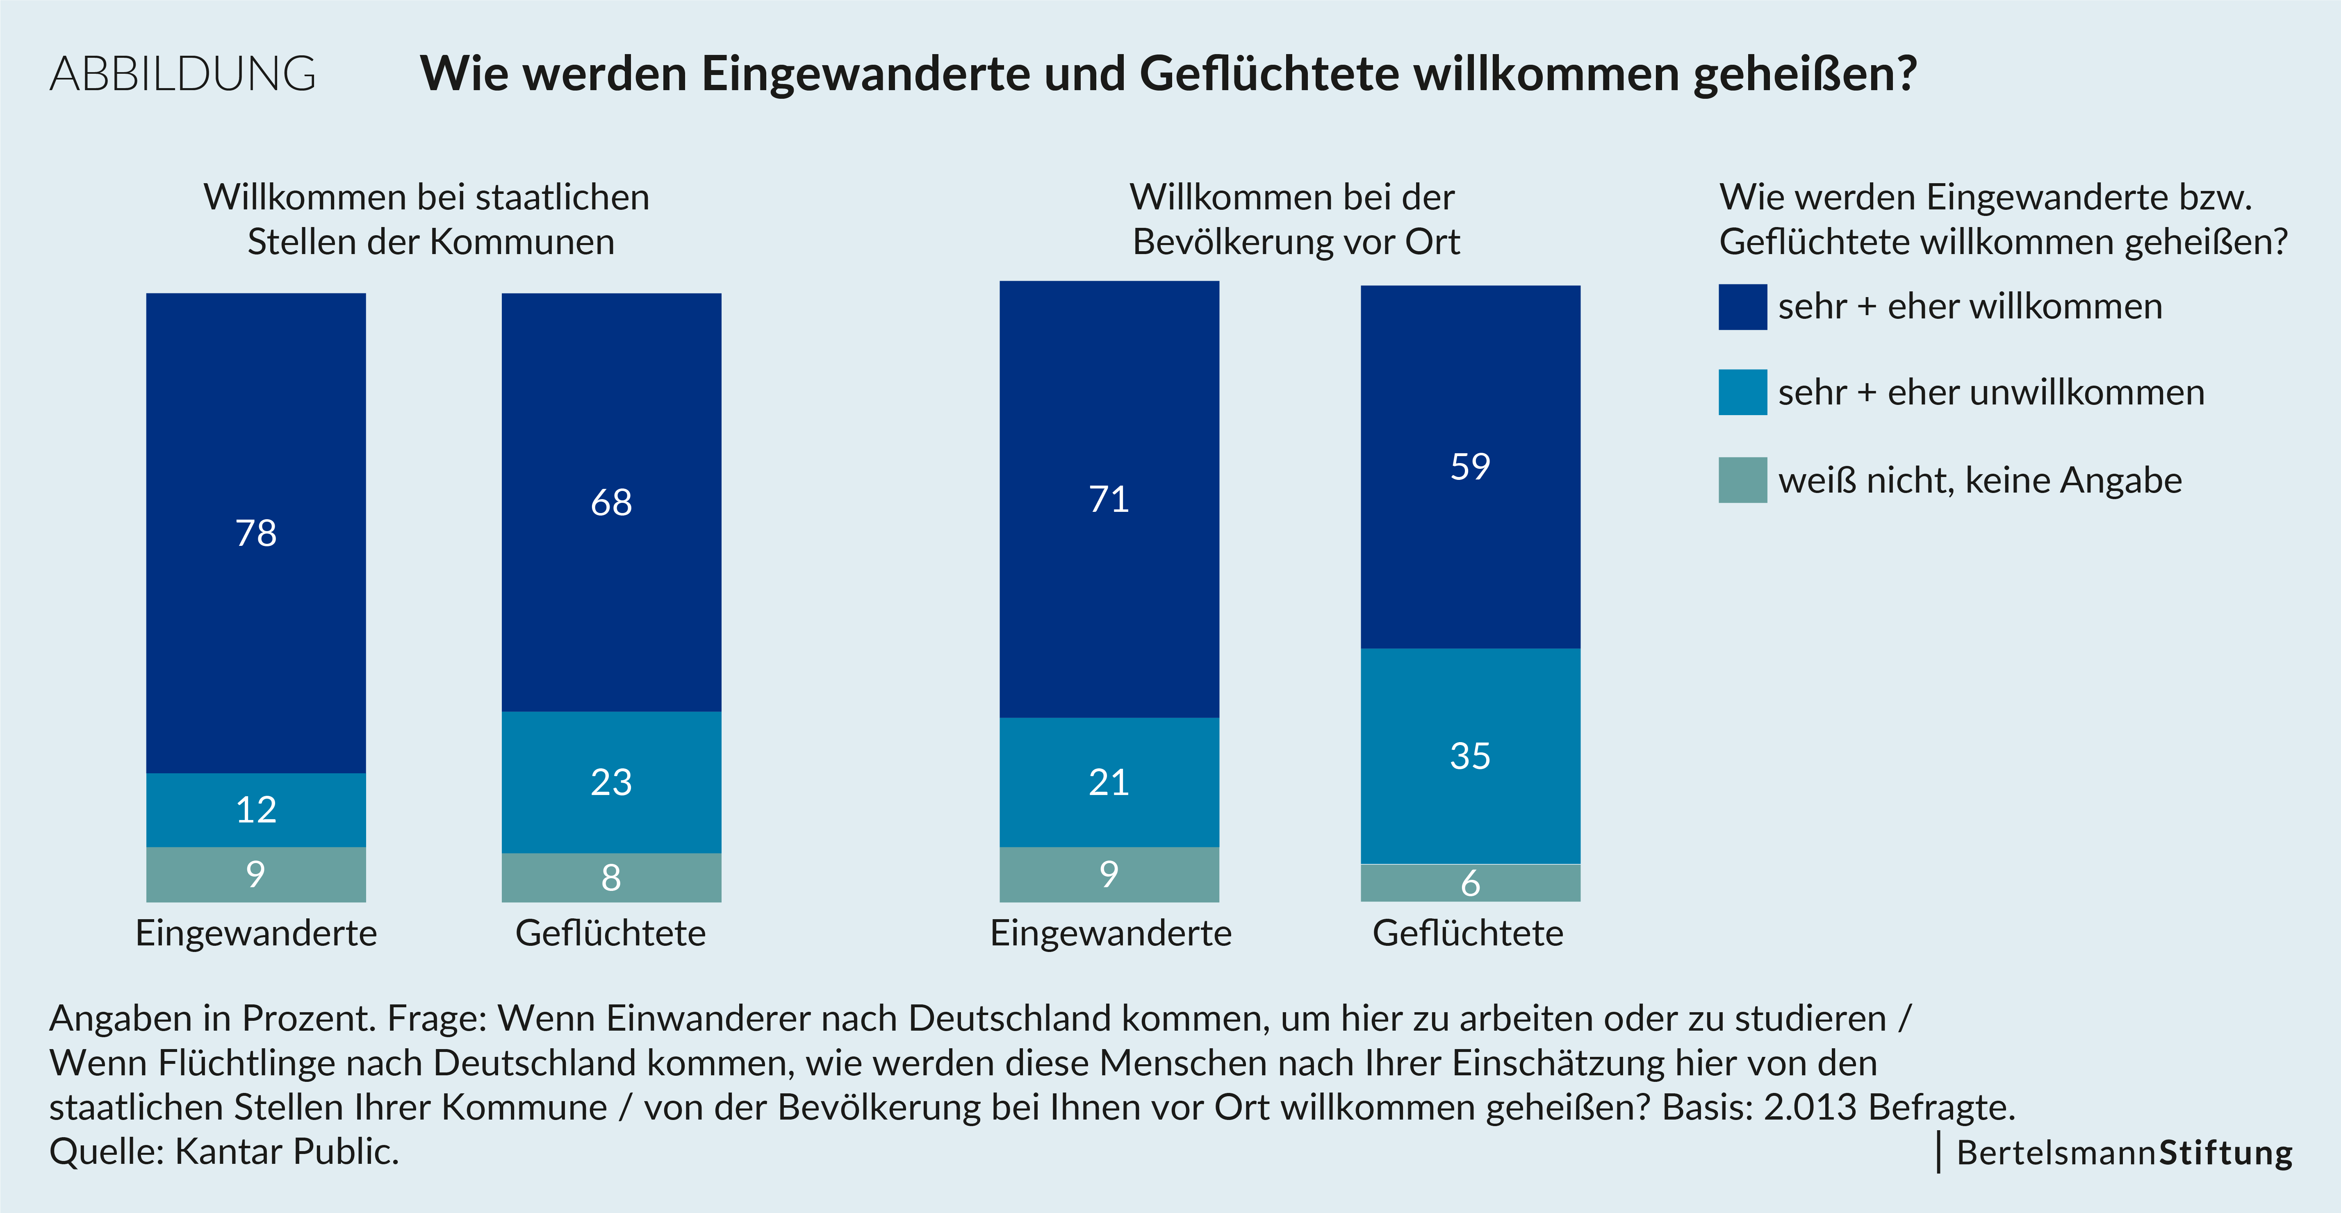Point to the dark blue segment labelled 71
1109,499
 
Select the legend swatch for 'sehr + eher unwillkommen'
1742,393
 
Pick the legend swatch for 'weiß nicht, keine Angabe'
1742,480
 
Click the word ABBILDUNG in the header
183,74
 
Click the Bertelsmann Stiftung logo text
2124,1152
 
